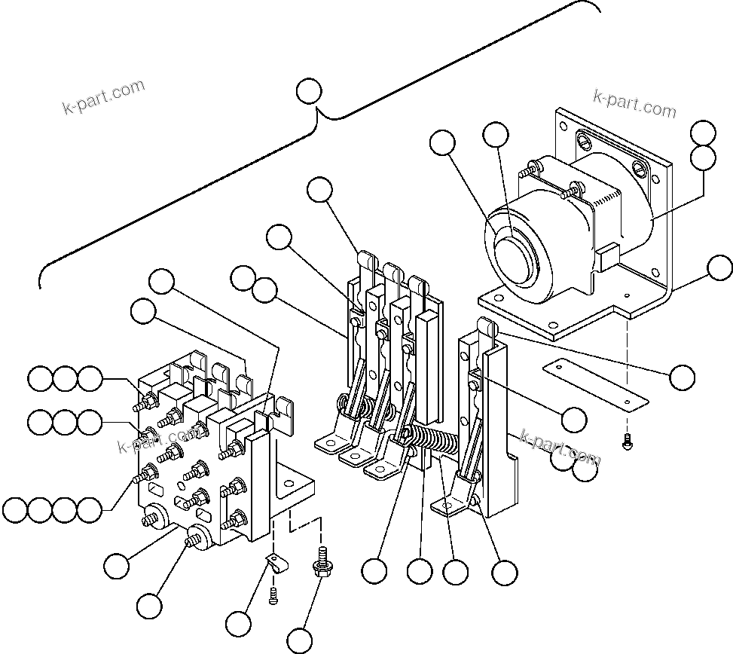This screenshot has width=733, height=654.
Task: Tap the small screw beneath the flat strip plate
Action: pos(627,445)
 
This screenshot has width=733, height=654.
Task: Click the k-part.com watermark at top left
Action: pos(103,96)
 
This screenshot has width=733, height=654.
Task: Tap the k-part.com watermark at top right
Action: pos(634,104)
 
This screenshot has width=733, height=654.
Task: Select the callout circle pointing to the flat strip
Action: pos(682,377)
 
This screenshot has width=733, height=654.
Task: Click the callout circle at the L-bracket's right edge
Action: pos(720,267)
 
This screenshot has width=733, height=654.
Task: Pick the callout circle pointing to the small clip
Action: pos(239,623)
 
